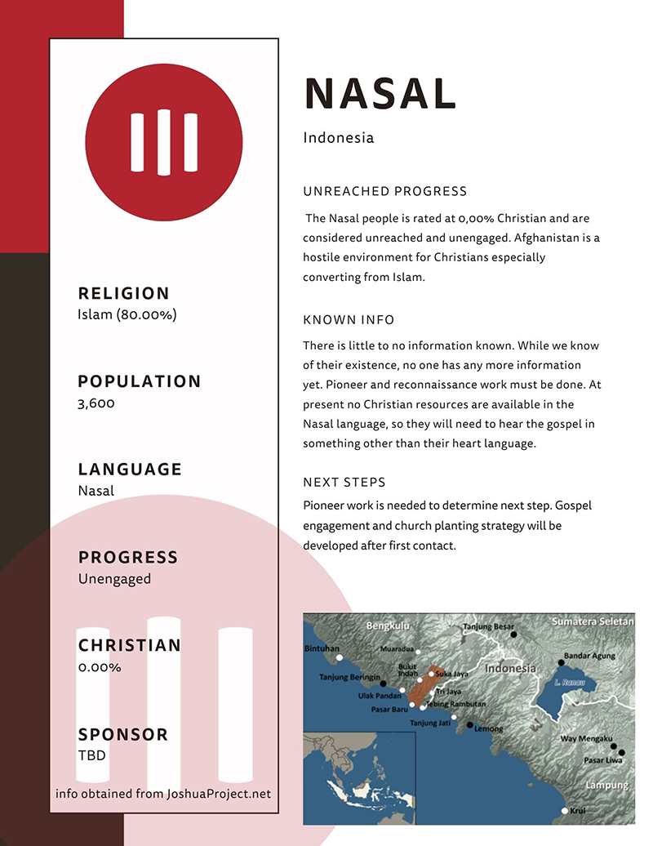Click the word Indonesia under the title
338,137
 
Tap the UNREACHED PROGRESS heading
384,191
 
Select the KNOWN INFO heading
349,319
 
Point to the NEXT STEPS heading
344,482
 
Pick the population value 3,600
96,403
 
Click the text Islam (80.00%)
127,314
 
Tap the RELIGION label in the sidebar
124,293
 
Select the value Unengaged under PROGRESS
114,578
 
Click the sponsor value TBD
91,755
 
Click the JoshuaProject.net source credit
163,793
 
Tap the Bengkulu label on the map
386,626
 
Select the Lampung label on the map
606,785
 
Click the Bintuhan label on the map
321,649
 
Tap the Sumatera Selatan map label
592,621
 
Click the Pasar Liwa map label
603,760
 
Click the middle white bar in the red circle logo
164,142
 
